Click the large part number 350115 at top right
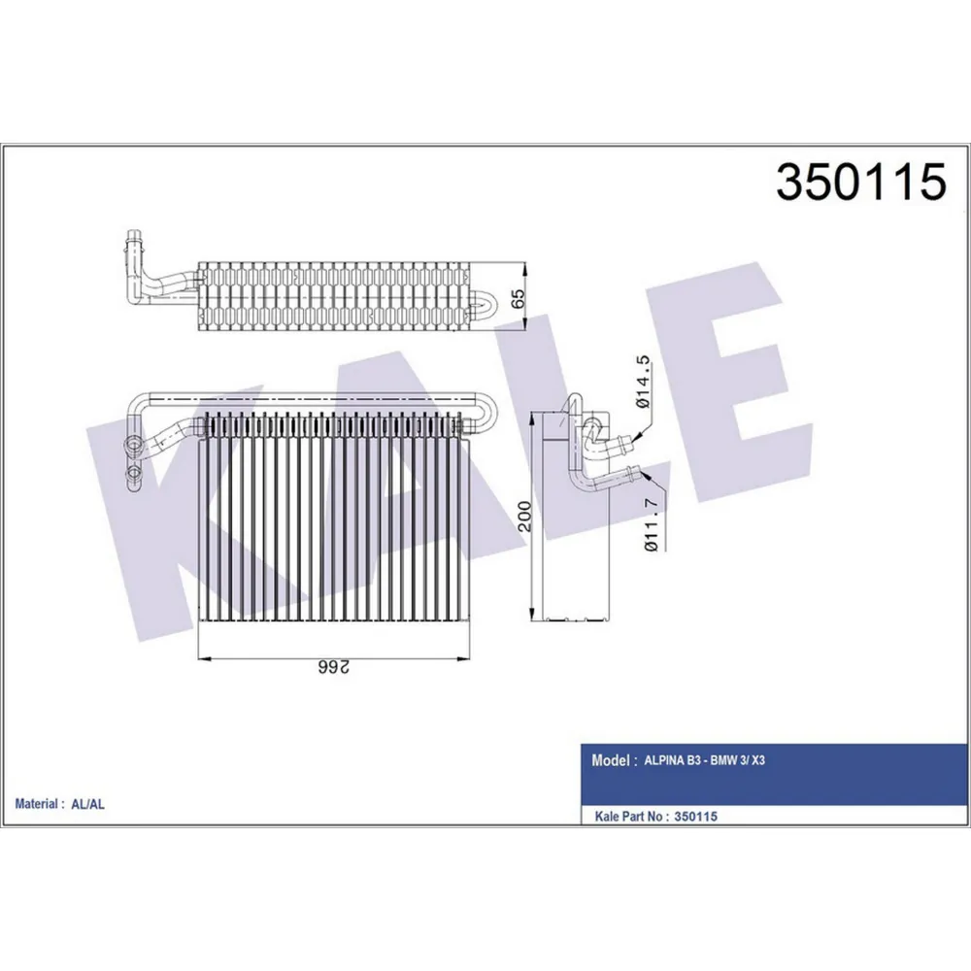pos(860,182)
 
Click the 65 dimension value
pos(520,298)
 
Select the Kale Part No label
pos(628,817)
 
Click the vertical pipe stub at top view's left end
pos(133,243)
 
